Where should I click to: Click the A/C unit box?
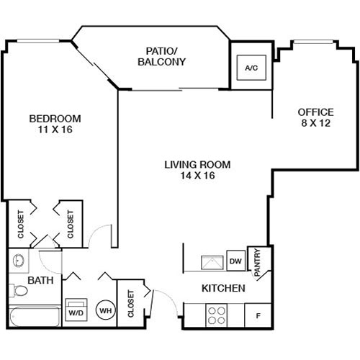[251, 68]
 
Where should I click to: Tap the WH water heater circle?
[106, 310]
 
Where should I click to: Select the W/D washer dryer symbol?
[76, 310]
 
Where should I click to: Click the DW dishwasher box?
[235, 261]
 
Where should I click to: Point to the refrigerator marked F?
[258, 315]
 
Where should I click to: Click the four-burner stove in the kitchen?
[217, 315]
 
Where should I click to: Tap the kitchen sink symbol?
[212, 262]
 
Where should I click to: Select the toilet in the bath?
[18, 290]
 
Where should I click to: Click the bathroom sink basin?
[19, 261]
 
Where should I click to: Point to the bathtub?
[35, 317]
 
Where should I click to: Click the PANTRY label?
[257, 262]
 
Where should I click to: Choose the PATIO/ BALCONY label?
[162, 57]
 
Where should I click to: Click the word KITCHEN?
[223, 288]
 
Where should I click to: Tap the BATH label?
[40, 280]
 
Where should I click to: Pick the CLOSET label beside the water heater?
[130, 304]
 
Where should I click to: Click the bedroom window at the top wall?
[38, 41]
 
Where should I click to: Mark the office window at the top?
[313, 42]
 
